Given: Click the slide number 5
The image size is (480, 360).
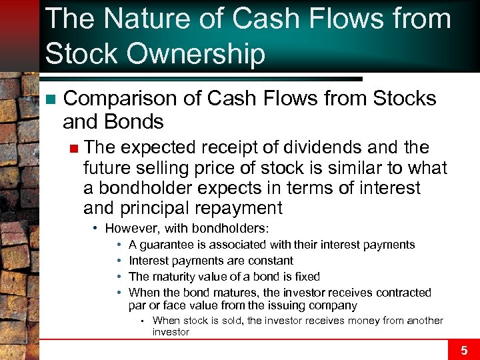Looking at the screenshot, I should click(464, 349).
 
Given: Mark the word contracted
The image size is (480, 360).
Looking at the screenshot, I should click(403, 293).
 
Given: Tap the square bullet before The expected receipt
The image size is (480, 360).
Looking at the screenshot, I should click(75, 147).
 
